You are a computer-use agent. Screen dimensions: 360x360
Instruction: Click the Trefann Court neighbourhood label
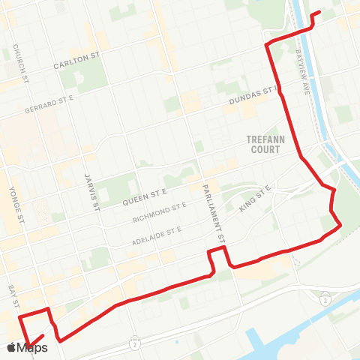pyautogui.click(x=262, y=144)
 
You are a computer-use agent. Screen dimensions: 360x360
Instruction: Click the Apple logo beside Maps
pyautogui.click(x=11, y=347)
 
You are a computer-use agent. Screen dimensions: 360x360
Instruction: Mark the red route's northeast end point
pyautogui.click(x=320, y=12)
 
